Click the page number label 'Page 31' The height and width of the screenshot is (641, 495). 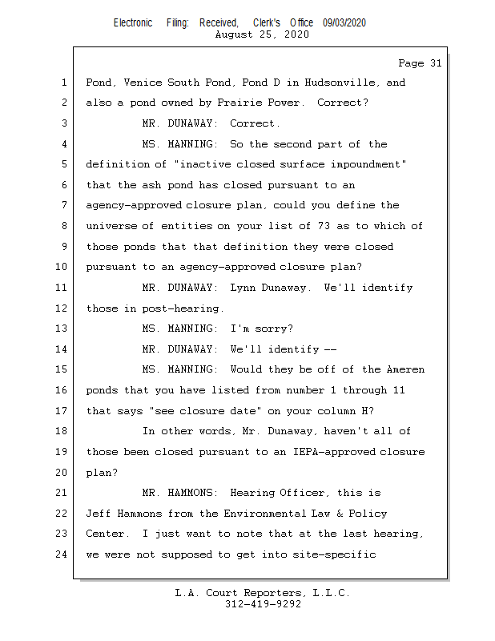pyautogui.click(x=420, y=63)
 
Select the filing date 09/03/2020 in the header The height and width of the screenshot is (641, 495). pyautogui.click(x=344, y=23)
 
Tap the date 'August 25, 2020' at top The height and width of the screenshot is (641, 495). pyautogui.click(x=263, y=34)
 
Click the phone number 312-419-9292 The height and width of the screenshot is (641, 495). pyautogui.click(x=263, y=604)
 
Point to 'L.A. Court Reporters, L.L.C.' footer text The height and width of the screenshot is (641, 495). pyautogui.click(x=263, y=593)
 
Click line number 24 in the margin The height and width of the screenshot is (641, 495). pyautogui.click(x=62, y=554)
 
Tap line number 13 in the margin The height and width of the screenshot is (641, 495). pyautogui.click(x=62, y=329)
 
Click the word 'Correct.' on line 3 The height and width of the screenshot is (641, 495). pyautogui.click(x=255, y=124)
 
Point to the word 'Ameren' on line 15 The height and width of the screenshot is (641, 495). pyautogui.click(x=404, y=370)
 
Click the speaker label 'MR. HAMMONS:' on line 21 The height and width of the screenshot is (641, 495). pyautogui.click(x=179, y=493)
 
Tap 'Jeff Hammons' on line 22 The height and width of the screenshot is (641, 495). pyautogui.click(x=123, y=514)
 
